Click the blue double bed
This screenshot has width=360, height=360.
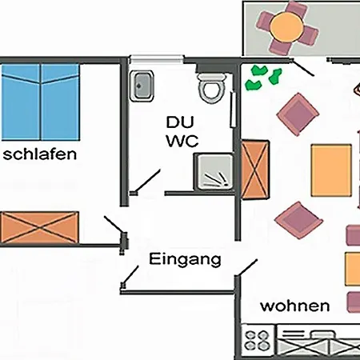41,99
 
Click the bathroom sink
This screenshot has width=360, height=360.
143,83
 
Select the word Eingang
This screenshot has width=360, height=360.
185,259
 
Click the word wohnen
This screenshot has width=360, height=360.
295,306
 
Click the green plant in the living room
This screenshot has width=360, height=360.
264,76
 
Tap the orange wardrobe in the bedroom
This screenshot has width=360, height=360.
39,229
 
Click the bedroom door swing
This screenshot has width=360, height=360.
112,223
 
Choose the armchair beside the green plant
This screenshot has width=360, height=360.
296,112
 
